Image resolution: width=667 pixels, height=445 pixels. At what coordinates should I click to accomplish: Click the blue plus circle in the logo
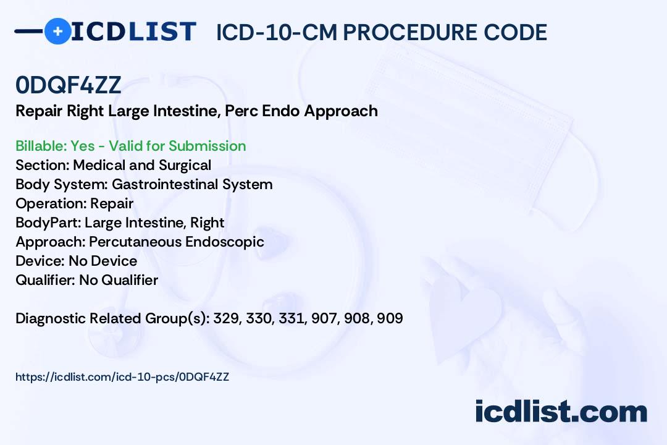pos(58,31)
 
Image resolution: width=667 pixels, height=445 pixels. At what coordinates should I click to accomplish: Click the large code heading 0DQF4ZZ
pos(69,85)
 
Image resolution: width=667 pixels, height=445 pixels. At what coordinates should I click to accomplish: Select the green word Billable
pos(40,146)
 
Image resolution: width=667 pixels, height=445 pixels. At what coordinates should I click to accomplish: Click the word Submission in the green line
pos(207,146)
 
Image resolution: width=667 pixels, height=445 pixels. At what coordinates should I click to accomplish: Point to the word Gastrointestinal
pos(165,184)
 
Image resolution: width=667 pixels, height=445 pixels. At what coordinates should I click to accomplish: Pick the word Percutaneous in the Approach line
pos(135,242)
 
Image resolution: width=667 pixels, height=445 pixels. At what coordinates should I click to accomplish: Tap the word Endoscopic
pos(225,242)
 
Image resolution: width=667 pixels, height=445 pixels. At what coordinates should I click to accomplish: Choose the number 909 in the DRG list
pos(390,318)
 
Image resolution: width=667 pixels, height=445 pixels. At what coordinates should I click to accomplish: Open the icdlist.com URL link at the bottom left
pos(122,377)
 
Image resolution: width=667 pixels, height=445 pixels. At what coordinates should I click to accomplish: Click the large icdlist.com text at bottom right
pos(561,412)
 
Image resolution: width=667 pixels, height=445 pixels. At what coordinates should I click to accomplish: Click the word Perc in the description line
pos(241,111)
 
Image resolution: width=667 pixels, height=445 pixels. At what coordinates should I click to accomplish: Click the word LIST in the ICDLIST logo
pos(162,32)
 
